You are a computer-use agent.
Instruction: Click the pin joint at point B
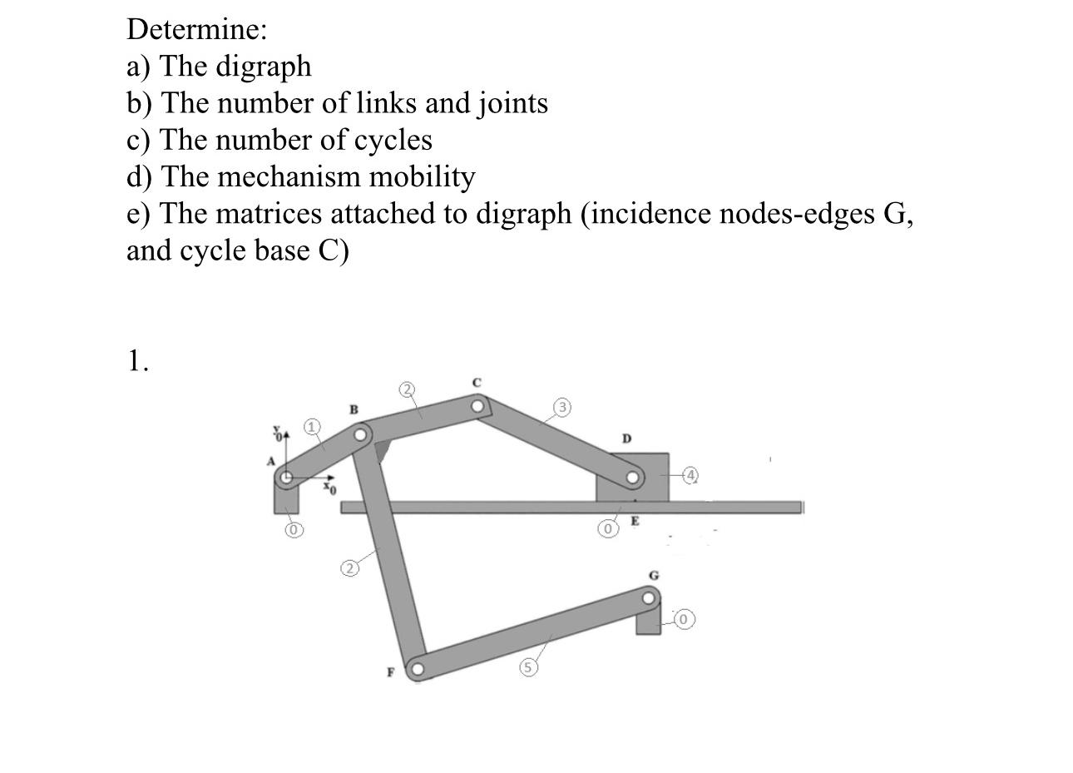pos(361,434)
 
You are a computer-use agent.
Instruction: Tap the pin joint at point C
pos(477,406)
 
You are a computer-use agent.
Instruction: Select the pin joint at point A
pos(286,478)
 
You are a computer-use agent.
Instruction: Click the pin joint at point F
pos(416,668)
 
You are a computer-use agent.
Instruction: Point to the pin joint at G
pos(649,597)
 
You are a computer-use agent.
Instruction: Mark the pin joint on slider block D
pos(633,478)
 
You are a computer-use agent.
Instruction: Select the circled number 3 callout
pos(563,407)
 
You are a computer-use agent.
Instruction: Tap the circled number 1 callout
pos(311,427)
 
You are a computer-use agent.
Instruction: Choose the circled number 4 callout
pos(690,474)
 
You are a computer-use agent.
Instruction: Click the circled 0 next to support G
pos(684,620)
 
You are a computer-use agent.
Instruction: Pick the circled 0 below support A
pos(293,529)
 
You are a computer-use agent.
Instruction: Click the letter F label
pos(389,673)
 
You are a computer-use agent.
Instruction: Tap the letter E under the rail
pos(635,522)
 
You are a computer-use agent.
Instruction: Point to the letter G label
pos(654,575)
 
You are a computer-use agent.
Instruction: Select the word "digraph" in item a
pos(264,67)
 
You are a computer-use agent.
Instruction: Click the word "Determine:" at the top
pos(197,30)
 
